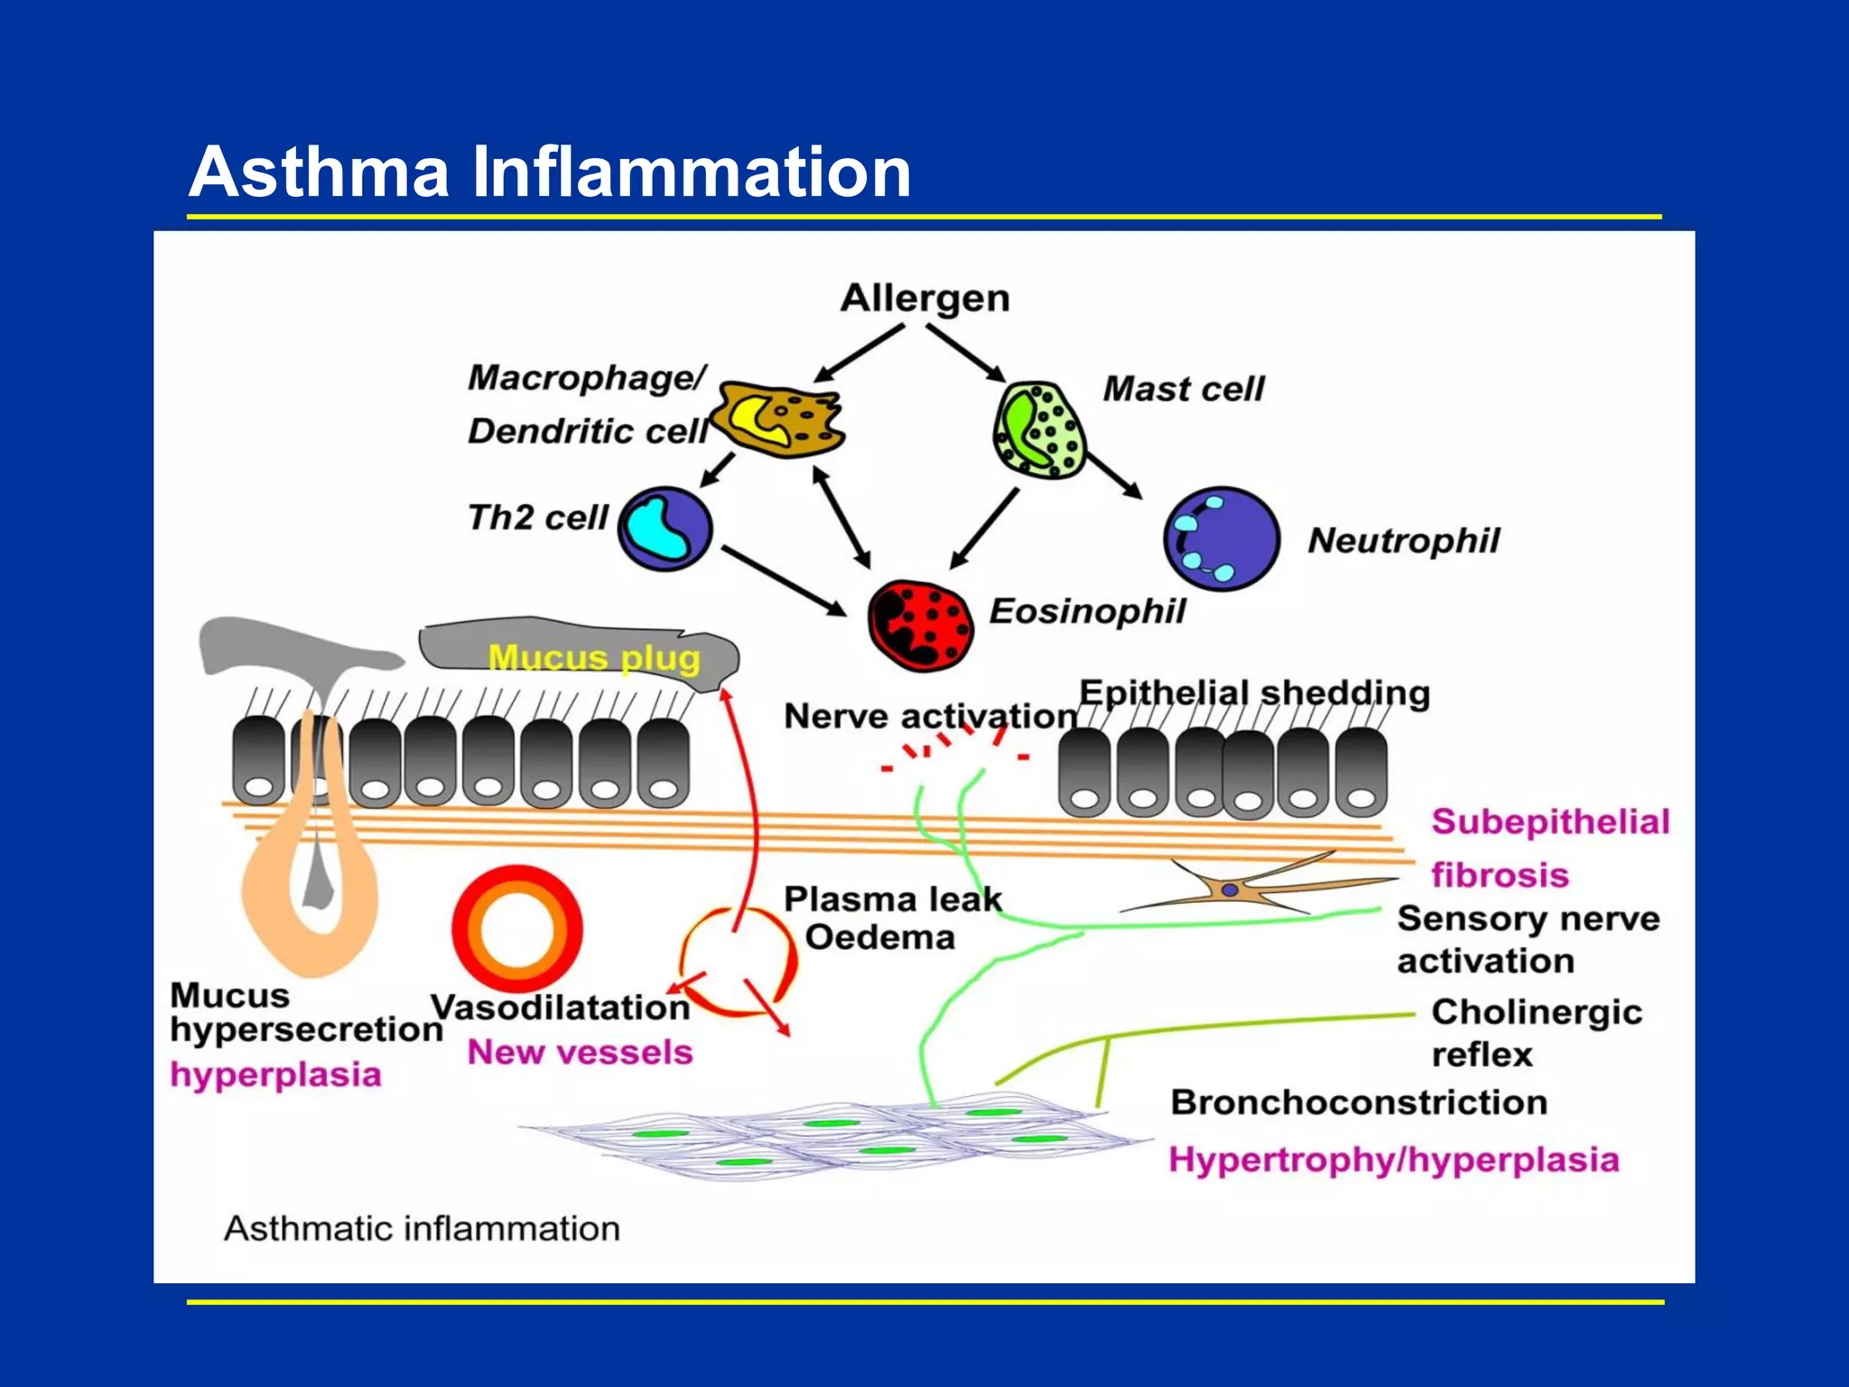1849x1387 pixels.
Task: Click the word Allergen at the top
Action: point(924,298)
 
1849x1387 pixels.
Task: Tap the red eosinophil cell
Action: point(920,625)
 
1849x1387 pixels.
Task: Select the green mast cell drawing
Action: point(1038,431)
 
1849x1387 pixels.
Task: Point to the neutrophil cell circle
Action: point(1221,539)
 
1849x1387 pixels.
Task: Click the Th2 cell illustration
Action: point(665,529)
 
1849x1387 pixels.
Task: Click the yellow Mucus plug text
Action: point(593,657)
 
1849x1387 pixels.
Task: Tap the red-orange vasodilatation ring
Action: point(517,930)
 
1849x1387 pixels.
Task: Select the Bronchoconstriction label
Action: point(1359,1103)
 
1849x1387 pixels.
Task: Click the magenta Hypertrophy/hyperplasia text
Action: point(1393,1159)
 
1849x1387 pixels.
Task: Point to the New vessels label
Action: point(580,1052)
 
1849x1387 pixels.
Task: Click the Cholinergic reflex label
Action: point(1535,1033)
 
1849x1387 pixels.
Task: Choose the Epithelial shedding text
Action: point(1255,693)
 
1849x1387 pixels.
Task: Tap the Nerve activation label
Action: point(930,716)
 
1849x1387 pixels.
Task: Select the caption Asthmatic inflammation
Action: point(422,1229)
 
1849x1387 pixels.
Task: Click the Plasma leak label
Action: point(892,899)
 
